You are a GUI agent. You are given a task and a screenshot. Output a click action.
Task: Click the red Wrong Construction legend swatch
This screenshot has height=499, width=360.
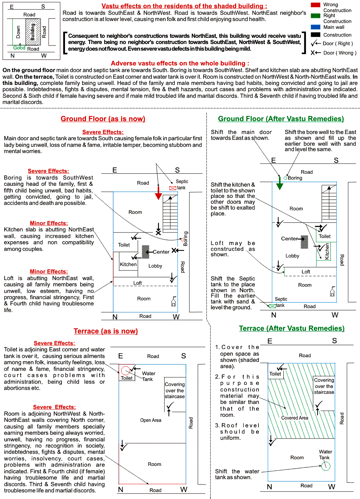tap(316, 5)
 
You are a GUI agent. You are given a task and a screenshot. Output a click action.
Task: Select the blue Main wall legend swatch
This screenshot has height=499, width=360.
tap(316, 27)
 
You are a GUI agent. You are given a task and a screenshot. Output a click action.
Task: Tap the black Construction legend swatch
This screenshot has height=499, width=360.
tap(316, 35)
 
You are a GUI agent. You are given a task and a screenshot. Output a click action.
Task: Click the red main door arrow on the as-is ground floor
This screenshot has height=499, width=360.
tap(158, 193)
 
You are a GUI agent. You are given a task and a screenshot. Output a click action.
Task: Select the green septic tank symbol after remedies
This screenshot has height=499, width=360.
tap(272, 306)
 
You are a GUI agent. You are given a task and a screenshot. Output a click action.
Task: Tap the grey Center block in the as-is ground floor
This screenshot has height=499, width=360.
tap(146, 252)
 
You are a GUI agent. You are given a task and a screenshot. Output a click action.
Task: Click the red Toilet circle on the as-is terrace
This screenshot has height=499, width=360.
tap(125, 370)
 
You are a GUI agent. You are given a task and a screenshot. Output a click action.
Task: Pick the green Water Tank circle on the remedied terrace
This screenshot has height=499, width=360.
tap(326, 466)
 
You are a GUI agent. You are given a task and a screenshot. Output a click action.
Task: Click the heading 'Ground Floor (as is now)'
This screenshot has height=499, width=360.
tap(103, 119)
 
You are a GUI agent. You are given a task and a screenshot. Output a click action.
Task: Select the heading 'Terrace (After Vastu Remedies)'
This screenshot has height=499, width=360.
tap(292, 328)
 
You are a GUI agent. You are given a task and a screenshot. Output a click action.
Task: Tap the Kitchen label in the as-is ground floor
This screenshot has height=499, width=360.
tap(128, 264)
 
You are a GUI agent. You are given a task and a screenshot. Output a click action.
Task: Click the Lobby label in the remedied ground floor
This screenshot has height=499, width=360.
tap(292, 256)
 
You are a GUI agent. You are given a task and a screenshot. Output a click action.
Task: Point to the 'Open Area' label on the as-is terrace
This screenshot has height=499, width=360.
tap(151, 420)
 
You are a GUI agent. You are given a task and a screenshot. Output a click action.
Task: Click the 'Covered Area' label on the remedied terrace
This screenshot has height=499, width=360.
tap(295, 418)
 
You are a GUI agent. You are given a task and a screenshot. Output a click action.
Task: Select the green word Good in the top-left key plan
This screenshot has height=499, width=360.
tap(19, 48)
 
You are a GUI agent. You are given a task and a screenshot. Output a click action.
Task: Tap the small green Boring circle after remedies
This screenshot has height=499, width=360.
tap(285, 178)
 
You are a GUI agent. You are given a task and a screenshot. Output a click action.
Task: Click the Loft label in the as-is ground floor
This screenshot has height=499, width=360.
tap(137, 283)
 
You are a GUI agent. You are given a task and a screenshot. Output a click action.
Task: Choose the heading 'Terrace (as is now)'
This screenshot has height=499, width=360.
tap(105, 331)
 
